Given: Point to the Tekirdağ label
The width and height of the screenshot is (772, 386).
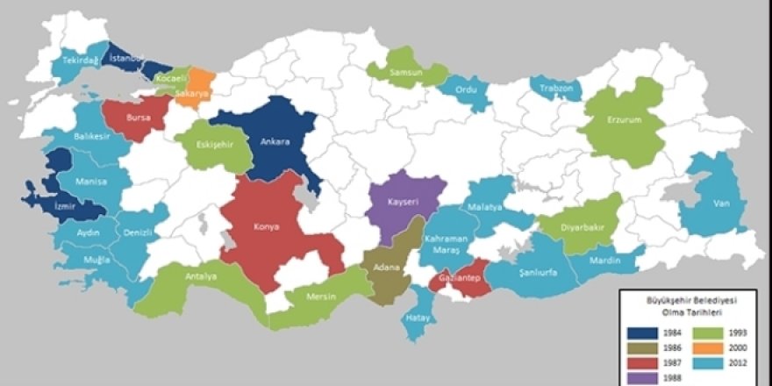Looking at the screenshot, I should click(80, 61).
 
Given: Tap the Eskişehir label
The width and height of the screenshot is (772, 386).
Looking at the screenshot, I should click(214, 145).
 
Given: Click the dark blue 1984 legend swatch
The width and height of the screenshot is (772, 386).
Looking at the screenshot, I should click(644, 334).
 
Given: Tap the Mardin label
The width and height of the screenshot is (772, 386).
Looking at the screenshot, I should click(605, 261).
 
